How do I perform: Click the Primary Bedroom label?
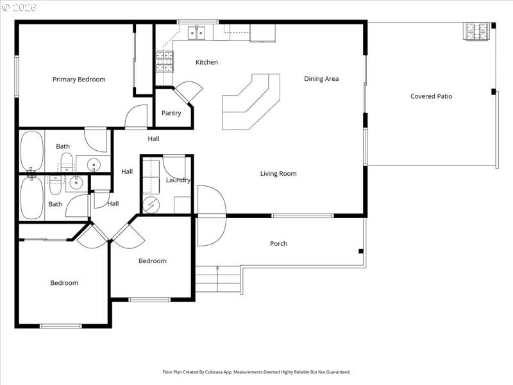[x=79, y=80]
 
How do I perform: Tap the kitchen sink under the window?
[x=196, y=31]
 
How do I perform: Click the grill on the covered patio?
[x=478, y=30]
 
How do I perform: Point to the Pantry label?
[x=171, y=113]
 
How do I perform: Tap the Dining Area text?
[x=321, y=79]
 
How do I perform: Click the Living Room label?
[x=278, y=173]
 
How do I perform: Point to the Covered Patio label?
[x=431, y=96]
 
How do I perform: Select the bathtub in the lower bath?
[x=31, y=198]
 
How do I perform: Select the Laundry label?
[x=178, y=180]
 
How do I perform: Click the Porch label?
[x=278, y=244]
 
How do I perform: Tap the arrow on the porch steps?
[x=218, y=268]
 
